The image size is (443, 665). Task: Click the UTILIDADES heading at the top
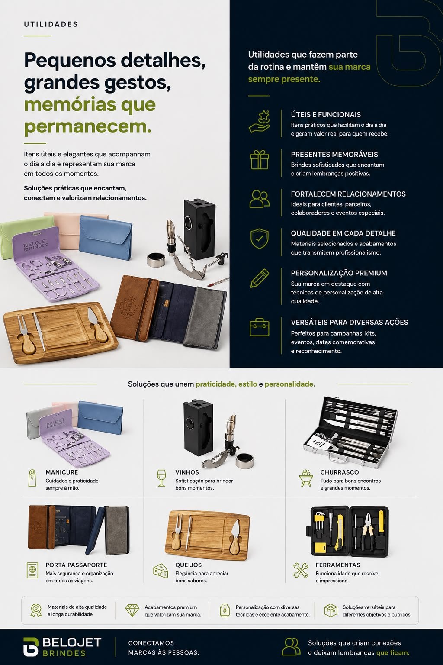(51, 24)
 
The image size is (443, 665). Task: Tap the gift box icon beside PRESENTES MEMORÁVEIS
(259, 160)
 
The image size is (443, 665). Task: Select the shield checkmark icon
(259, 239)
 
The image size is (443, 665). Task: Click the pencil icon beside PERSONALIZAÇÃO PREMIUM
(259, 278)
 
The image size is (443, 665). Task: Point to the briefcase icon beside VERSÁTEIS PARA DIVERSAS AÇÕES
(259, 327)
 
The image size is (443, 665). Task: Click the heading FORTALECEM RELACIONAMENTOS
(348, 194)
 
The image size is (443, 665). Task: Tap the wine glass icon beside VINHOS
(161, 478)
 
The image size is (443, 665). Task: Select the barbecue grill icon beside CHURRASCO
(305, 478)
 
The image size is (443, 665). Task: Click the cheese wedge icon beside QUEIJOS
(161, 571)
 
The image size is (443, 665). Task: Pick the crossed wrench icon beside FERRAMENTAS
(301, 570)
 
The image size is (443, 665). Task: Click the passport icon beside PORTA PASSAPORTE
(32, 570)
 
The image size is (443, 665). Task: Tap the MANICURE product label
(62, 472)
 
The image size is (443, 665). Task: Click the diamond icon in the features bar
(132, 610)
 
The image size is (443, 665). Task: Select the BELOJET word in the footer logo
(72, 642)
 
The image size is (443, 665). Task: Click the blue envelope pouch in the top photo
(106, 237)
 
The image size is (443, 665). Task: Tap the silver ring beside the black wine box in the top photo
(156, 260)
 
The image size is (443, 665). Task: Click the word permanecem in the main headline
(88, 126)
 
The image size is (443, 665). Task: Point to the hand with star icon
(259, 121)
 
